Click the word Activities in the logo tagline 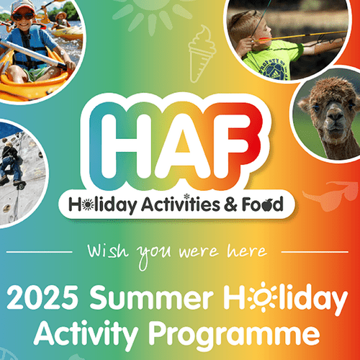coord(180,204)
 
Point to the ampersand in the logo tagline coord(230,204)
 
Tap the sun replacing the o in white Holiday coord(261,297)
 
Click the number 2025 coord(42,297)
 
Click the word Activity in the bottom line coord(86,333)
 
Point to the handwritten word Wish coord(107,251)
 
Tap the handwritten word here coord(247,251)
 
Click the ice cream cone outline coord(201,54)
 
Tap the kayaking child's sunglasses coord(23,16)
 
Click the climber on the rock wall coord(12,164)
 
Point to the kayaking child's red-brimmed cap coord(23,6)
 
